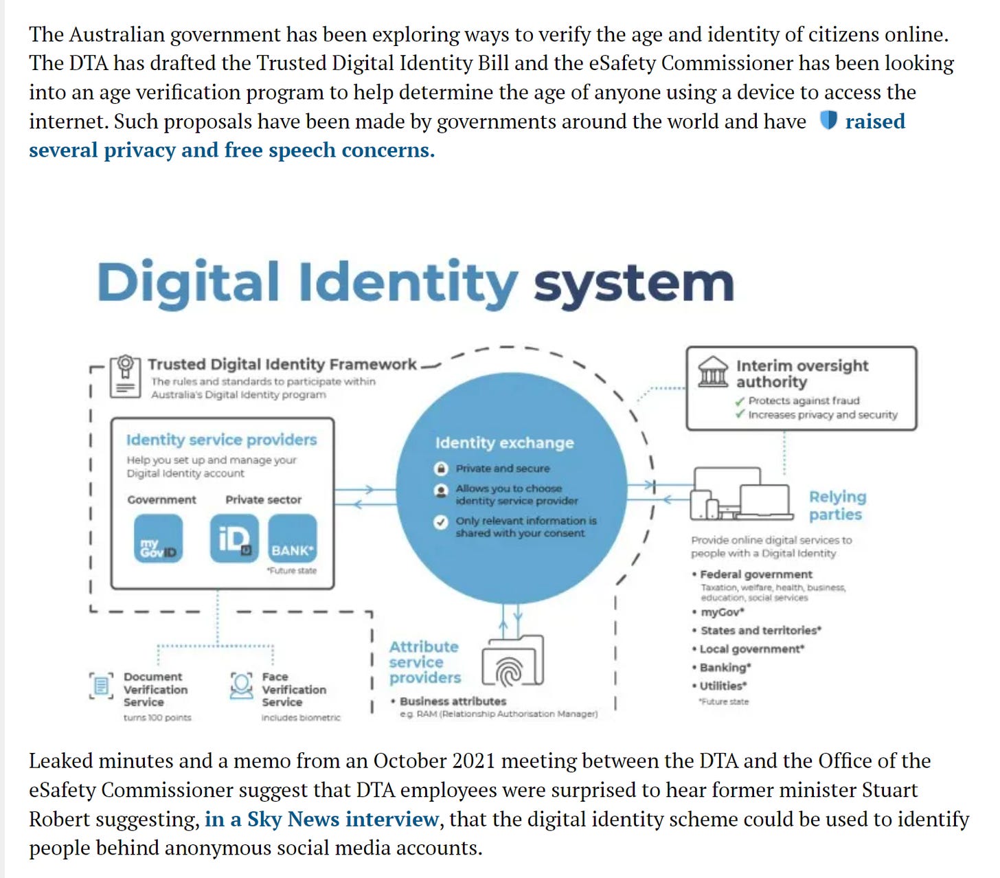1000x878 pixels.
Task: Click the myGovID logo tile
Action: (158, 539)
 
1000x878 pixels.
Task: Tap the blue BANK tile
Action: (292, 539)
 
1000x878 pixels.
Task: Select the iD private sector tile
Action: (234, 539)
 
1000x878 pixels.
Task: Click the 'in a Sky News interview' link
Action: (321, 819)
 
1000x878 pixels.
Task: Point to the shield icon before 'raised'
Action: (828, 121)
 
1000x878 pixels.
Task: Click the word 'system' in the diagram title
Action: (633, 282)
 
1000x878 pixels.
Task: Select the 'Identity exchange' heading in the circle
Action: (504, 443)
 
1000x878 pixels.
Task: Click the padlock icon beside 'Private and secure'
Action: (441, 469)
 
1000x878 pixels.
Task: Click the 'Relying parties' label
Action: (837, 505)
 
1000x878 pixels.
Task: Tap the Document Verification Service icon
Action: (101, 686)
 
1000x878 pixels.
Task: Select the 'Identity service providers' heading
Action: (221, 440)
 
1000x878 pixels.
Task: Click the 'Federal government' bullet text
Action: (755, 574)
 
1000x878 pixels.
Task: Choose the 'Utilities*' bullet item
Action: (723, 686)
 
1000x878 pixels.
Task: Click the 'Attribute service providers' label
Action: (424, 662)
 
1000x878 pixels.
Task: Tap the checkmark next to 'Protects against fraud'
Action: (740, 401)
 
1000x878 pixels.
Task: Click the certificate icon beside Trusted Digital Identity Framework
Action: (125, 375)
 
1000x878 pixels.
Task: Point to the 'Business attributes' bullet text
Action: (453, 701)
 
